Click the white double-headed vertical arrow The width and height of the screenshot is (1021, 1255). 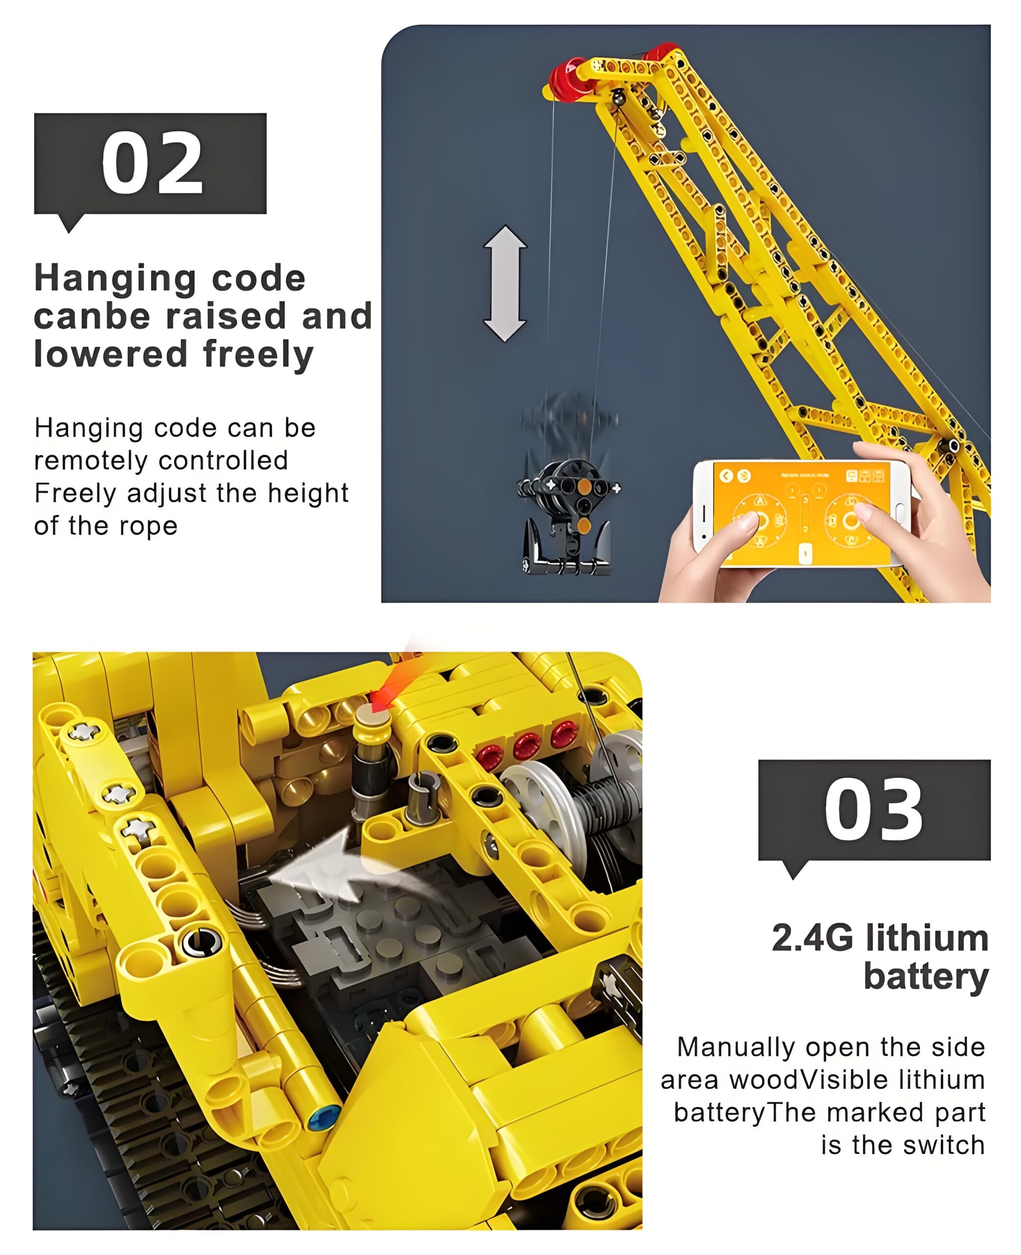pos(505,283)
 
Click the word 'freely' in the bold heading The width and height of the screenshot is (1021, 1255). pos(258,355)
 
